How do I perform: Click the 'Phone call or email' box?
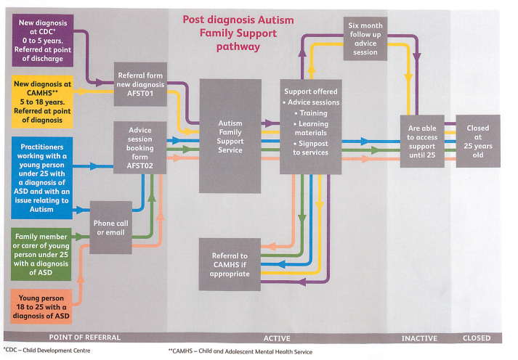point(110,228)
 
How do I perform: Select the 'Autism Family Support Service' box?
point(230,136)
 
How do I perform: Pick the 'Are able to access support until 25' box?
point(421,142)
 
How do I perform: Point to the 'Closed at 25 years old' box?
point(477,141)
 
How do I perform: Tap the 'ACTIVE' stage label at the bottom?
point(276,338)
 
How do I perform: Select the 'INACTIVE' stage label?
point(419,338)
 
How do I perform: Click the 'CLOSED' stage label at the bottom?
point(477,338)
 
